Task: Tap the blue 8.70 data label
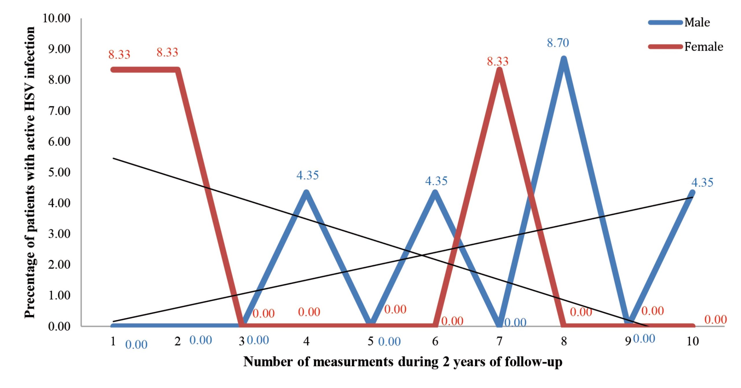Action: tap(558, 43)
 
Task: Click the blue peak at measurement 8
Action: tap(564, 59)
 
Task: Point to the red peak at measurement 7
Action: tap(499, 70)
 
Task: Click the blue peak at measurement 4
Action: tap(306, 192)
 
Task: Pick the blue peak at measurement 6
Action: tap(435, 192)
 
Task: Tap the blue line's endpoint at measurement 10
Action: tap(692, 193)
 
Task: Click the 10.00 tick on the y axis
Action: tap(56, 18)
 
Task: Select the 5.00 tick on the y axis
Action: tap(59, 172)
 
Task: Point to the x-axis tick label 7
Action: tap(499, 341)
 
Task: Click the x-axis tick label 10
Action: tap(693, 341)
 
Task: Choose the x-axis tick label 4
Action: tap(306, 341)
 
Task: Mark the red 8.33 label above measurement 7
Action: tap(498, 61)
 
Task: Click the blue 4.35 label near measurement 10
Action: tap(702, 183)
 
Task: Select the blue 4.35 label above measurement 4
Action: tap(307, 175)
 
